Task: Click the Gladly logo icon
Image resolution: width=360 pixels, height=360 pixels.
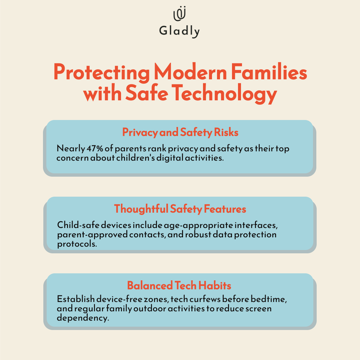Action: (180, 14)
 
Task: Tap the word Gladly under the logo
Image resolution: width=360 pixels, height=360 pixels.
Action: (179, 31)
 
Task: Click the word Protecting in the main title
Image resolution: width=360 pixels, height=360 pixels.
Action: (101, 72)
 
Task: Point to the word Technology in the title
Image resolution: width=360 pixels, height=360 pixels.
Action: (224, 94)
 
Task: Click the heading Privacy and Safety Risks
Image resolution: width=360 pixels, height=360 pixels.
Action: (180, 132)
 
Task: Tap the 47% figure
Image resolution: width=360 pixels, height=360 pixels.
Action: (95, 149)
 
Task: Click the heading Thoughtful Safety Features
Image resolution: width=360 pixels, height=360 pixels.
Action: (180, 209)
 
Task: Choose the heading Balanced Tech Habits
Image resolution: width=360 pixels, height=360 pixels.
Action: (179, 286)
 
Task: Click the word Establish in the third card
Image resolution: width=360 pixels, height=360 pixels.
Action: (76, 299)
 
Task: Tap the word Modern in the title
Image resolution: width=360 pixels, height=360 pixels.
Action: (190, 72)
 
